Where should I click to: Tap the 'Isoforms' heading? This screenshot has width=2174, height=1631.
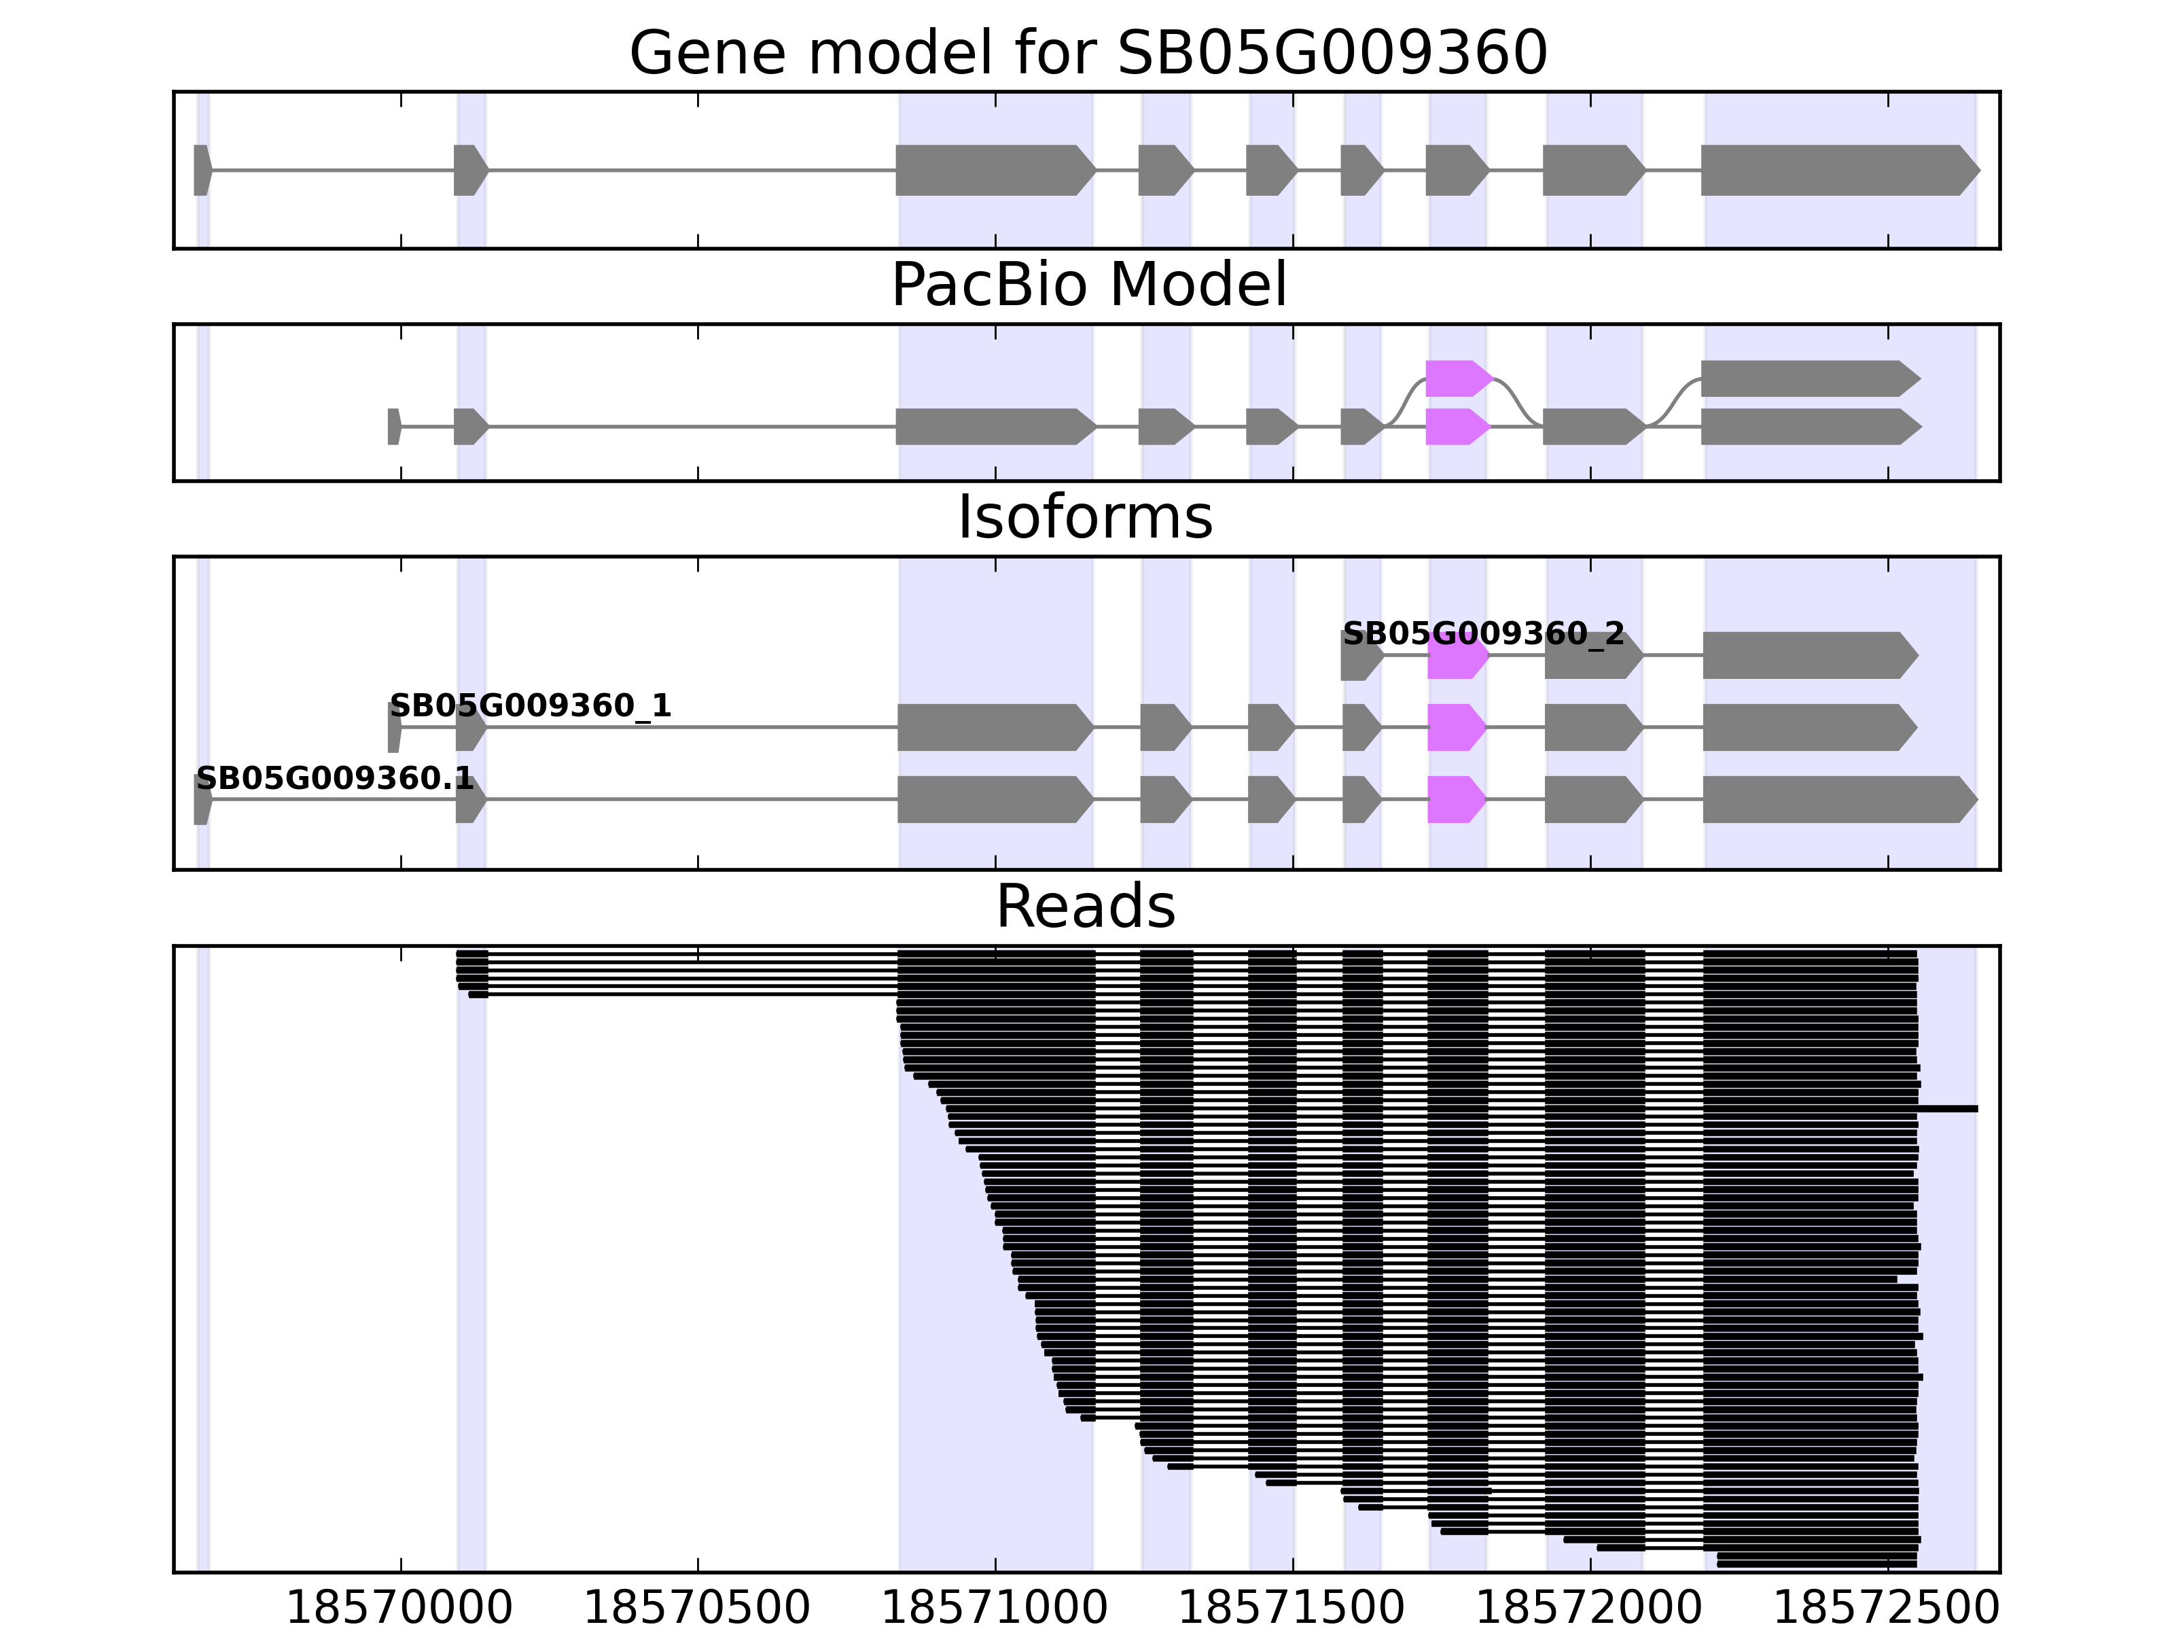point(1085,518)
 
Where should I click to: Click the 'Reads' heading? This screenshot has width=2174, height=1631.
point(1085,907)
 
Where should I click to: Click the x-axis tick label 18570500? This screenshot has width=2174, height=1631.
point(697,1609)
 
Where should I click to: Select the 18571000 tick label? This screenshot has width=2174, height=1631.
point(995,1609)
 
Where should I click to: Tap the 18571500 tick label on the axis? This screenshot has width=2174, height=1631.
point(1291,1609)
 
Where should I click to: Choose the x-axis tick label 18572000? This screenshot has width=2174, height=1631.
point(1589,1609)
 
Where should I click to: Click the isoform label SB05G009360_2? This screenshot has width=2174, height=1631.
point(1483,634)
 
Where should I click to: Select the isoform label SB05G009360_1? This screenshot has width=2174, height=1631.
point(530,706)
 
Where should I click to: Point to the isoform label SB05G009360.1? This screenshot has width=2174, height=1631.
point(335,779)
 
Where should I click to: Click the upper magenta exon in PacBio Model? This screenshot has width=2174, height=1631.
point(1457,379)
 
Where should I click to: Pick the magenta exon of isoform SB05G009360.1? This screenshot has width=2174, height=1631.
point(1455,799)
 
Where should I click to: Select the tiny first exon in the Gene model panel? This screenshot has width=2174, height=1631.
point(202,170)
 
